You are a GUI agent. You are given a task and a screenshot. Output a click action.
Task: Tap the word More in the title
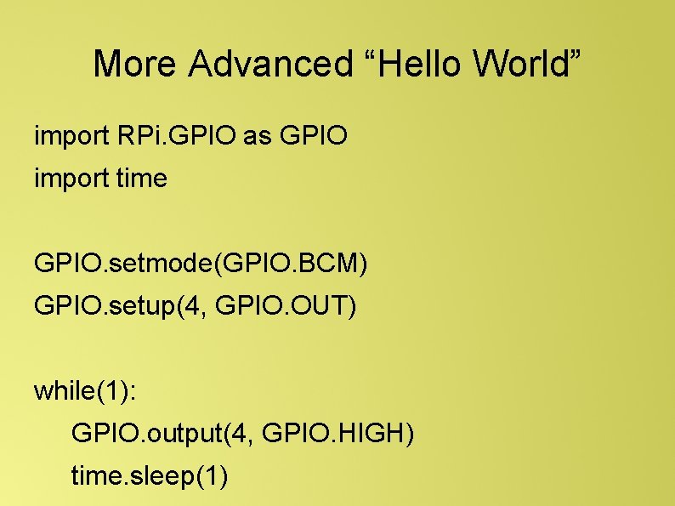coord(136,64)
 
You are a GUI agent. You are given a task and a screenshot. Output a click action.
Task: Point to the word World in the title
coord(520,64)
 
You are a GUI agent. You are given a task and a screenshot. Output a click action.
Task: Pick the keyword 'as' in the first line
coord(256,135)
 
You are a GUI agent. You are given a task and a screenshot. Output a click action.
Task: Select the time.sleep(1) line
coord(150,478)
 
